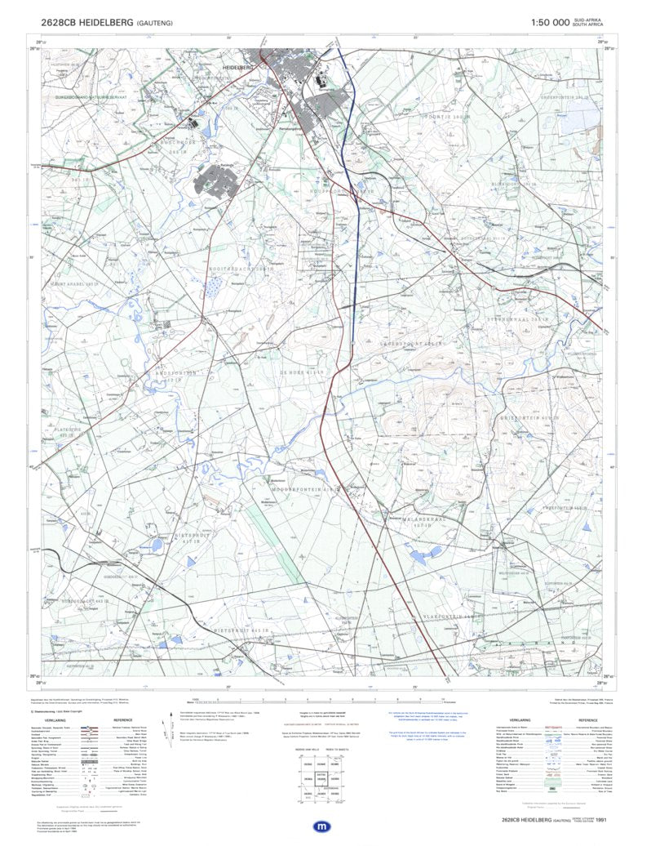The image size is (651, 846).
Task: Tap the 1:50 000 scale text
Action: (549, 23)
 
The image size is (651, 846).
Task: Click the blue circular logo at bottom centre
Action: (324, 826)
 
